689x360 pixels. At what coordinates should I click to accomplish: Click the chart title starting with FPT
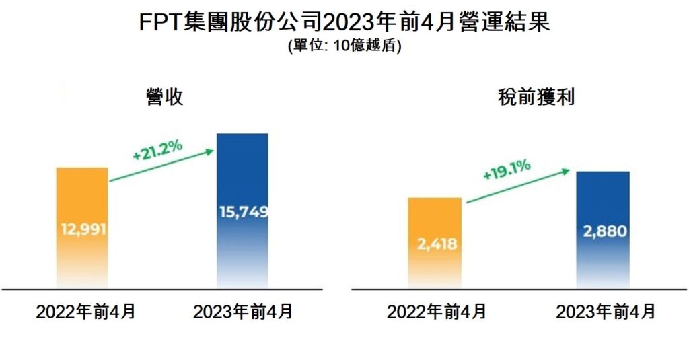click(344, 22)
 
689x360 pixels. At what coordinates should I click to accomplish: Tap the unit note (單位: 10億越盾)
click(344, 46)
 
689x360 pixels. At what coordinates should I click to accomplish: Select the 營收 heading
click(164, 96)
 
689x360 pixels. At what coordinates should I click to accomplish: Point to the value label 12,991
click(83, 229)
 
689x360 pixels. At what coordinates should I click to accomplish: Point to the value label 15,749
click(243, 212)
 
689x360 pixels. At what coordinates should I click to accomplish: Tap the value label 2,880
click(603, 231)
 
